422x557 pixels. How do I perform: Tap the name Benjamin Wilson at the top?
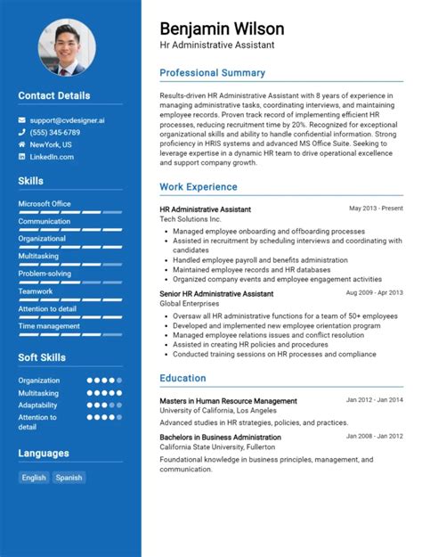click(x=222, y=29)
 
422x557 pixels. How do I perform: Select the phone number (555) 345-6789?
click(x=54, y=132)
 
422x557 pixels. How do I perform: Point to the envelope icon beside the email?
click(x=22, y=119)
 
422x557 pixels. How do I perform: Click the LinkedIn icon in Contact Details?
click(x=22, y=157)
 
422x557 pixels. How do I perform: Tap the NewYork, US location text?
click(x=51, y=144)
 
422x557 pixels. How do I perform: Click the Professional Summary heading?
click(x=212, y=73)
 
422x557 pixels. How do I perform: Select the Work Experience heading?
click(x=199, y=187)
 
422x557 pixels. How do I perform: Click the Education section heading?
click(x=183, y=379)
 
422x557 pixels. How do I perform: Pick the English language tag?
click(x=34, y=478)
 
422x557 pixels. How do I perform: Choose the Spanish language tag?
click(x=69, y=478)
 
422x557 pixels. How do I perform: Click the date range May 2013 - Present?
click(x=376, y=209)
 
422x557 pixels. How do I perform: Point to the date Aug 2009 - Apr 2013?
click(x=374, y=292)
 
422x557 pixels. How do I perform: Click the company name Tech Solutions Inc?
click(x=191, y=219)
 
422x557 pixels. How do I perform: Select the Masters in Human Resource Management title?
click(x=229, y=401)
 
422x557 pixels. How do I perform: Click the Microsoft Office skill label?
click(x=45, y=203)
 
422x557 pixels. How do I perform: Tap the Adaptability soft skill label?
click(x=38, y=405)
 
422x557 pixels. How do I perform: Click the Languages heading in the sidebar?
click(x=44, y=453)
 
